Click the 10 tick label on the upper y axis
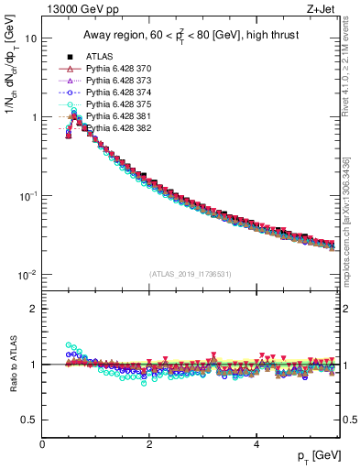tap(31, 39)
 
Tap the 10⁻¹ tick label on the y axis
tap(27, 196)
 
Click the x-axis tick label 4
tap(256, 443)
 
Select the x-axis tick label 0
tap(43, 443)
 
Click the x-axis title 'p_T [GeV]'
tap(313, 456)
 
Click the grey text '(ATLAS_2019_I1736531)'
tap(191, 274)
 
